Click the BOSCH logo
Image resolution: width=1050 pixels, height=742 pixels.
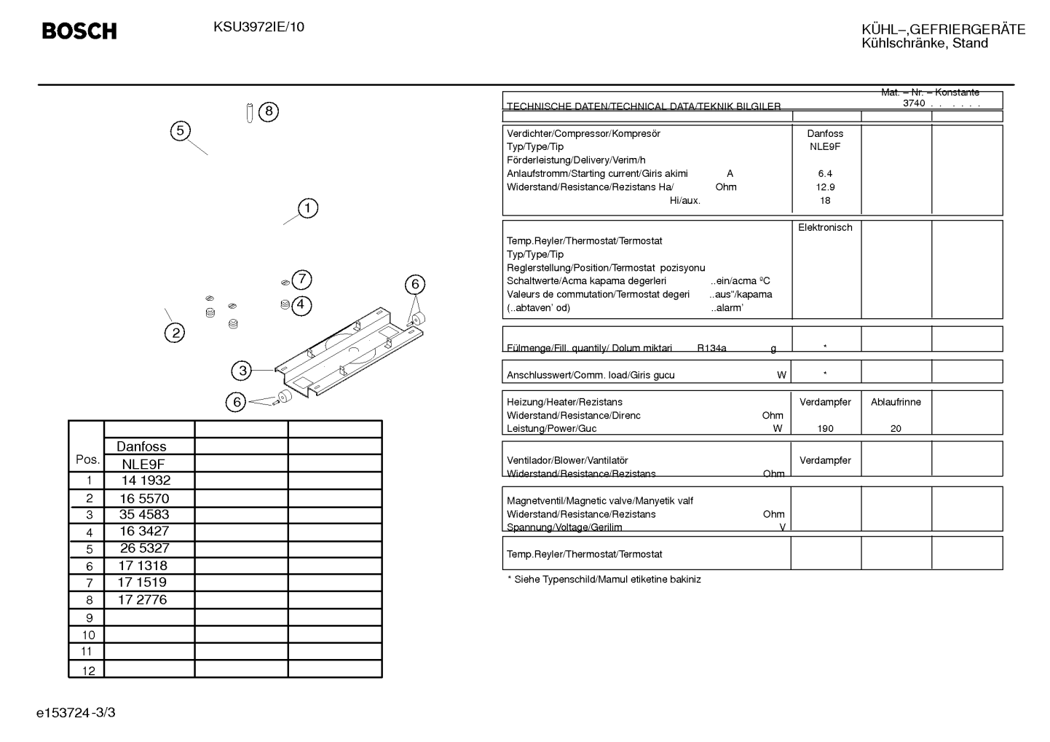pos(79,31)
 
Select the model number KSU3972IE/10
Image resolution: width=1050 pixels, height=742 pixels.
pos(258,27)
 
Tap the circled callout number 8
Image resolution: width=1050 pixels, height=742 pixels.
pos(269,111)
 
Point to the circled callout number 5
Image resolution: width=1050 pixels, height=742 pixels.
pos(181,131)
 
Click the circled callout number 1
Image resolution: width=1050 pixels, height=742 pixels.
pos(308,208)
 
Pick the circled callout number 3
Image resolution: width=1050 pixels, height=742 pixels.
pos(242,371)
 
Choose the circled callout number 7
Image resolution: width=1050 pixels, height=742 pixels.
pos(302,280)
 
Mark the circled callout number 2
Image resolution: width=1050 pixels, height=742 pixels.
pos(175,333)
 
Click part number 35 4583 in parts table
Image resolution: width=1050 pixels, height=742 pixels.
pos(144,515)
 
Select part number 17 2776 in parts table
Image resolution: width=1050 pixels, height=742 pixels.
pos(142,600)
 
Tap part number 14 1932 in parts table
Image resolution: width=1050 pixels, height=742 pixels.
pos(146,481)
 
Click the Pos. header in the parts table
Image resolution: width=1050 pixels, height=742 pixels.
pos(87,459)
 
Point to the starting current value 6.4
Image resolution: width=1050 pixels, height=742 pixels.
pos(825,174)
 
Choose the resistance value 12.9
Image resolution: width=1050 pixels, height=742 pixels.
pos(825,187)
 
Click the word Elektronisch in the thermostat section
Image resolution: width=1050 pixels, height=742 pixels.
pos(825,227)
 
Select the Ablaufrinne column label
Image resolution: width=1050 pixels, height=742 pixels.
pos(896,402)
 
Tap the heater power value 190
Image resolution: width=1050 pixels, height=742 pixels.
pos(825,428)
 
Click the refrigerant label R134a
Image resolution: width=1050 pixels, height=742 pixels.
pos(711,348)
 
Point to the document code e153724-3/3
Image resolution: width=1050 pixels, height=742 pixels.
pos(76,713)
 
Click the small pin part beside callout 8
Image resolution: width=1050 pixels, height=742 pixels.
pos(250,113)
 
